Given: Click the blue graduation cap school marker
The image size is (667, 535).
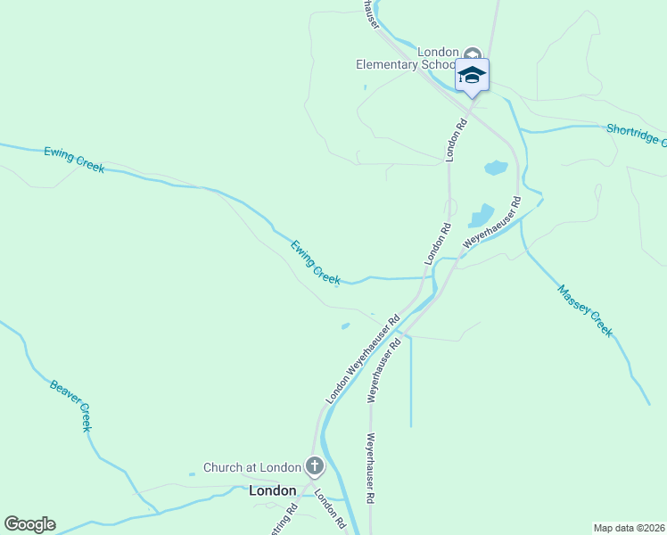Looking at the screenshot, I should (472, 76).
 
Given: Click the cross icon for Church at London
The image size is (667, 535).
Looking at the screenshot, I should (314, 465).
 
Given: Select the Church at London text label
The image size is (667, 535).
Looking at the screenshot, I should (252, 467).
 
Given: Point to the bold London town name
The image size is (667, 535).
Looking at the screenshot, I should (272, 490).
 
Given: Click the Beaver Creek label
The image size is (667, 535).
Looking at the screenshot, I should (71, 406).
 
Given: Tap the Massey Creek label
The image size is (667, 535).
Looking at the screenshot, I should (585, 310).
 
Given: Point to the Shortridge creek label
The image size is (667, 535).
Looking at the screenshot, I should (635, 135).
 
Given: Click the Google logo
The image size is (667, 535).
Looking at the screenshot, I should (29, 524).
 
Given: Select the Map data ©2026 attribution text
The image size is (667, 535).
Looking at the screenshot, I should (630, 527).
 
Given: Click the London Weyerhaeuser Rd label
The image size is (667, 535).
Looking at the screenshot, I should (362, 359).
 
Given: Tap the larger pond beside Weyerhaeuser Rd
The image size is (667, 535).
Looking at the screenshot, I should (481, 216).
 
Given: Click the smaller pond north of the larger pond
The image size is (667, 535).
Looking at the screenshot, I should (496, 168).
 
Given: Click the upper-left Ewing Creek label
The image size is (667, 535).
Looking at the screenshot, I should (74, 160).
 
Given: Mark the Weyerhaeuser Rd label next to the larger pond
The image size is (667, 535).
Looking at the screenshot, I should (491, 223).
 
